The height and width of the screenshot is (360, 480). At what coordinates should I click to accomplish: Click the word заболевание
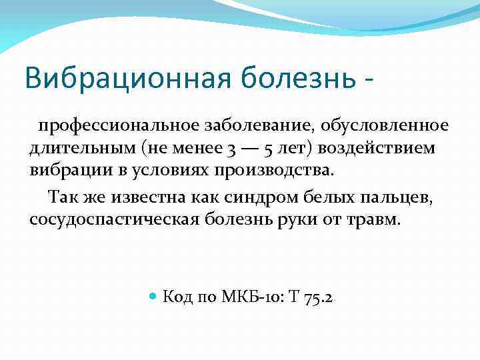tap(249, 126)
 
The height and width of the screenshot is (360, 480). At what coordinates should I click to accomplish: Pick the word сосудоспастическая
tap(113, 219)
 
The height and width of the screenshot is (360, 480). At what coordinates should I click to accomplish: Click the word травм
tap(377, 219)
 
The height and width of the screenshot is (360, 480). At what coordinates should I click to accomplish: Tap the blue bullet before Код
tap(153, 297)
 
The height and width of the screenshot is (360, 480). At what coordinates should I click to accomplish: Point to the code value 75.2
tap(318, 297)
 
